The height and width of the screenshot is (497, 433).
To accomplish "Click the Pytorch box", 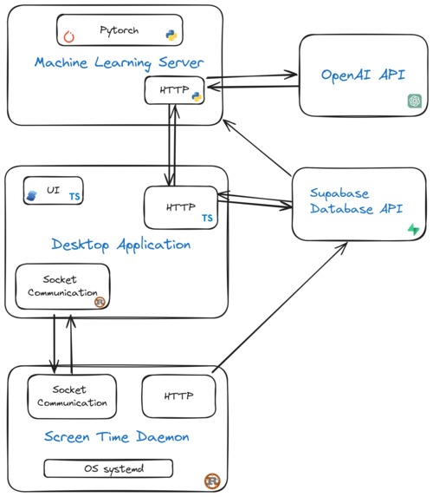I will (120, 30).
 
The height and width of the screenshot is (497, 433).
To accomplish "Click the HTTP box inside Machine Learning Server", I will (173, 90).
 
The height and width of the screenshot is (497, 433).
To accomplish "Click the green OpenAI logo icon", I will (415, 101).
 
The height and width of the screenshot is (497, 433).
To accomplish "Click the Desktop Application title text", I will (121, 245).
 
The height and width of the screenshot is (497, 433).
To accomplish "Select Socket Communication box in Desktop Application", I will (63, 287).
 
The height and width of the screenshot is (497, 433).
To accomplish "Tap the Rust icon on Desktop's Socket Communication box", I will (100, 302).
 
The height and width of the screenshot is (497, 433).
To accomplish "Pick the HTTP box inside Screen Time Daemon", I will (178, 396).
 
